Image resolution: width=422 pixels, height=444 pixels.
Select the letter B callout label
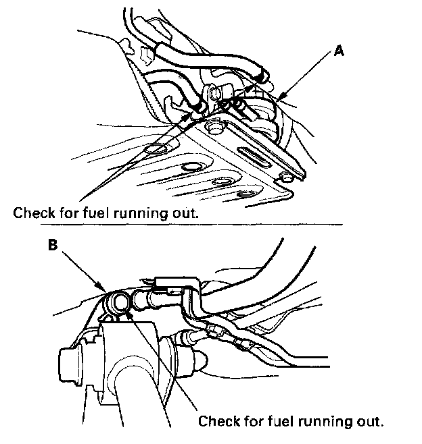53,246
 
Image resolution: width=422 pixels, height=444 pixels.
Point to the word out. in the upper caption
187,213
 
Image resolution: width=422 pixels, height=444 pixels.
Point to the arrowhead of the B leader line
108,291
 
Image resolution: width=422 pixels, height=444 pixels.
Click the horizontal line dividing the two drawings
203,223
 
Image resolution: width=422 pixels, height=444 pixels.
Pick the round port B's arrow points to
121,303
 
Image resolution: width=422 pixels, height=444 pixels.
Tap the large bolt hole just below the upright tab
216,126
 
